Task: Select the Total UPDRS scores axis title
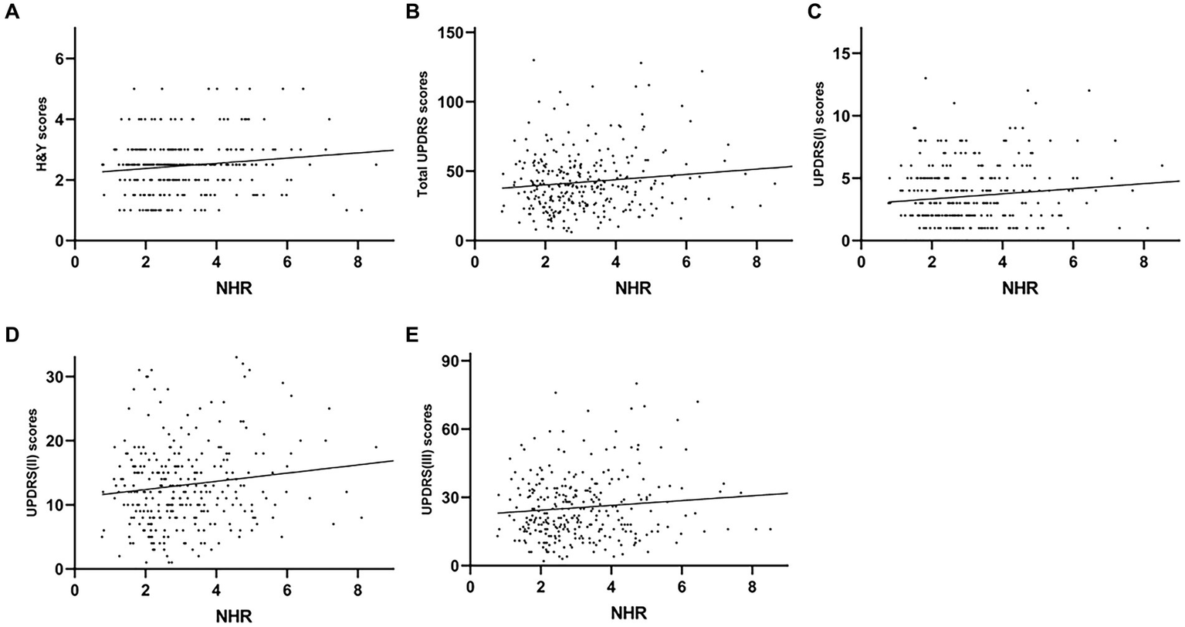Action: click(422, 135)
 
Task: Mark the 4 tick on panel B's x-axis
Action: click(615, 260)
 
